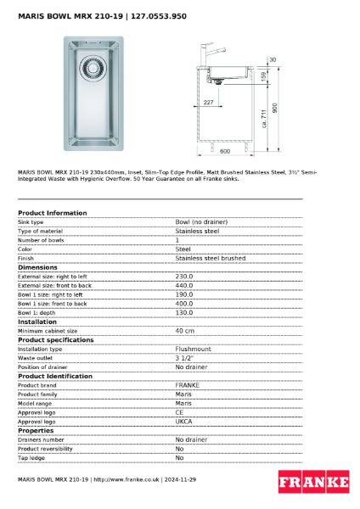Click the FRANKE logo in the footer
(x=313, y=483)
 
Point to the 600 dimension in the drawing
(x=225, y=151)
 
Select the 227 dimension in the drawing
(x=209, y=103)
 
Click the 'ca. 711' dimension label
(x=265, y=118)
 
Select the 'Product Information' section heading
(x=52, y=213)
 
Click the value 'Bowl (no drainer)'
(x=201, y=221)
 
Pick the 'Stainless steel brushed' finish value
(x=210, y=258)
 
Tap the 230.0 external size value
(x=184, y=276)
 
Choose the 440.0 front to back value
(x=184, y=285)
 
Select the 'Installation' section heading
(x=37, y=322)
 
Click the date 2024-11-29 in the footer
(x=180, y=480)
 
